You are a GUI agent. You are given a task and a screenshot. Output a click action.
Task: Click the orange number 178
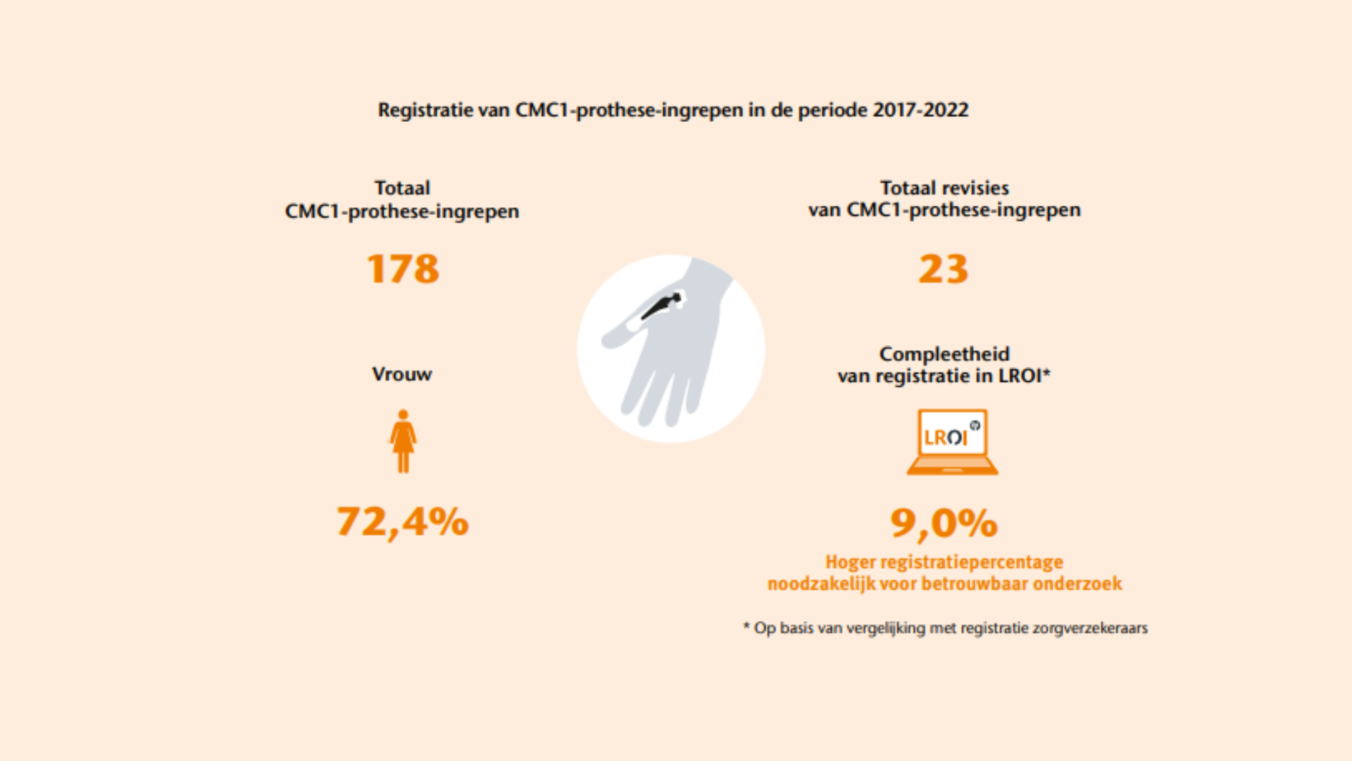[403, 269]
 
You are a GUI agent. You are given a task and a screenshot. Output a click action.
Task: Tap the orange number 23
[944, 269]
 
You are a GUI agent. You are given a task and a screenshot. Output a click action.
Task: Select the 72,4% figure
[403, 522]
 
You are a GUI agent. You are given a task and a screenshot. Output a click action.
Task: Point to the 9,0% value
[944, 524]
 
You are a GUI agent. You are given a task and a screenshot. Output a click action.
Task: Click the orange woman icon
[403, 441]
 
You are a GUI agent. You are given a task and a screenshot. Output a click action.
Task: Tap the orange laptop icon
[952, 442]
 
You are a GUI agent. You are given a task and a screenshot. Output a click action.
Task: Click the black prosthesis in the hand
[661, 306]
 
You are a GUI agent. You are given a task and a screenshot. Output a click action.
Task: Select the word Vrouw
[402, 374]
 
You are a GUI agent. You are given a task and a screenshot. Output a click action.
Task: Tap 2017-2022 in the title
[920, 110]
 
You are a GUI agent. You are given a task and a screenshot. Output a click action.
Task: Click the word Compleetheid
[944, 354]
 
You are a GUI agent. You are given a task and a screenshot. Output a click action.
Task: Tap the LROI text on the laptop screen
[946, 438]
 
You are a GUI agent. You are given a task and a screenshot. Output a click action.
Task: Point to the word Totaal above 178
[402, 188]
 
